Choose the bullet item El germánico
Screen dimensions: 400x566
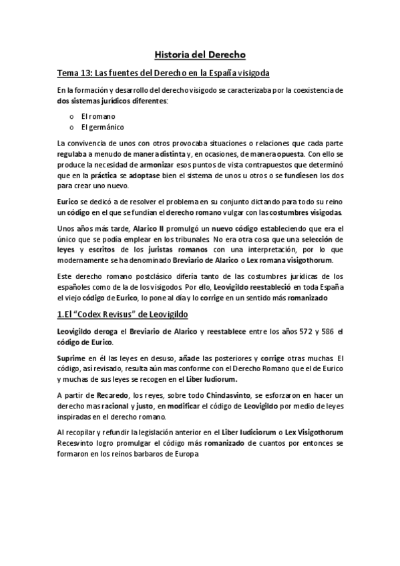point(102,127)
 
